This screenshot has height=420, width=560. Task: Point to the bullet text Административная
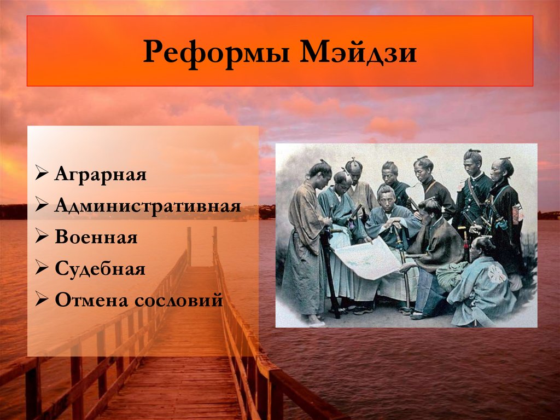coord(148,207)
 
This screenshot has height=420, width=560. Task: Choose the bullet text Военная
coord(96,238)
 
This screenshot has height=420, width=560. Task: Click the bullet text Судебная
coord(100,269)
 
